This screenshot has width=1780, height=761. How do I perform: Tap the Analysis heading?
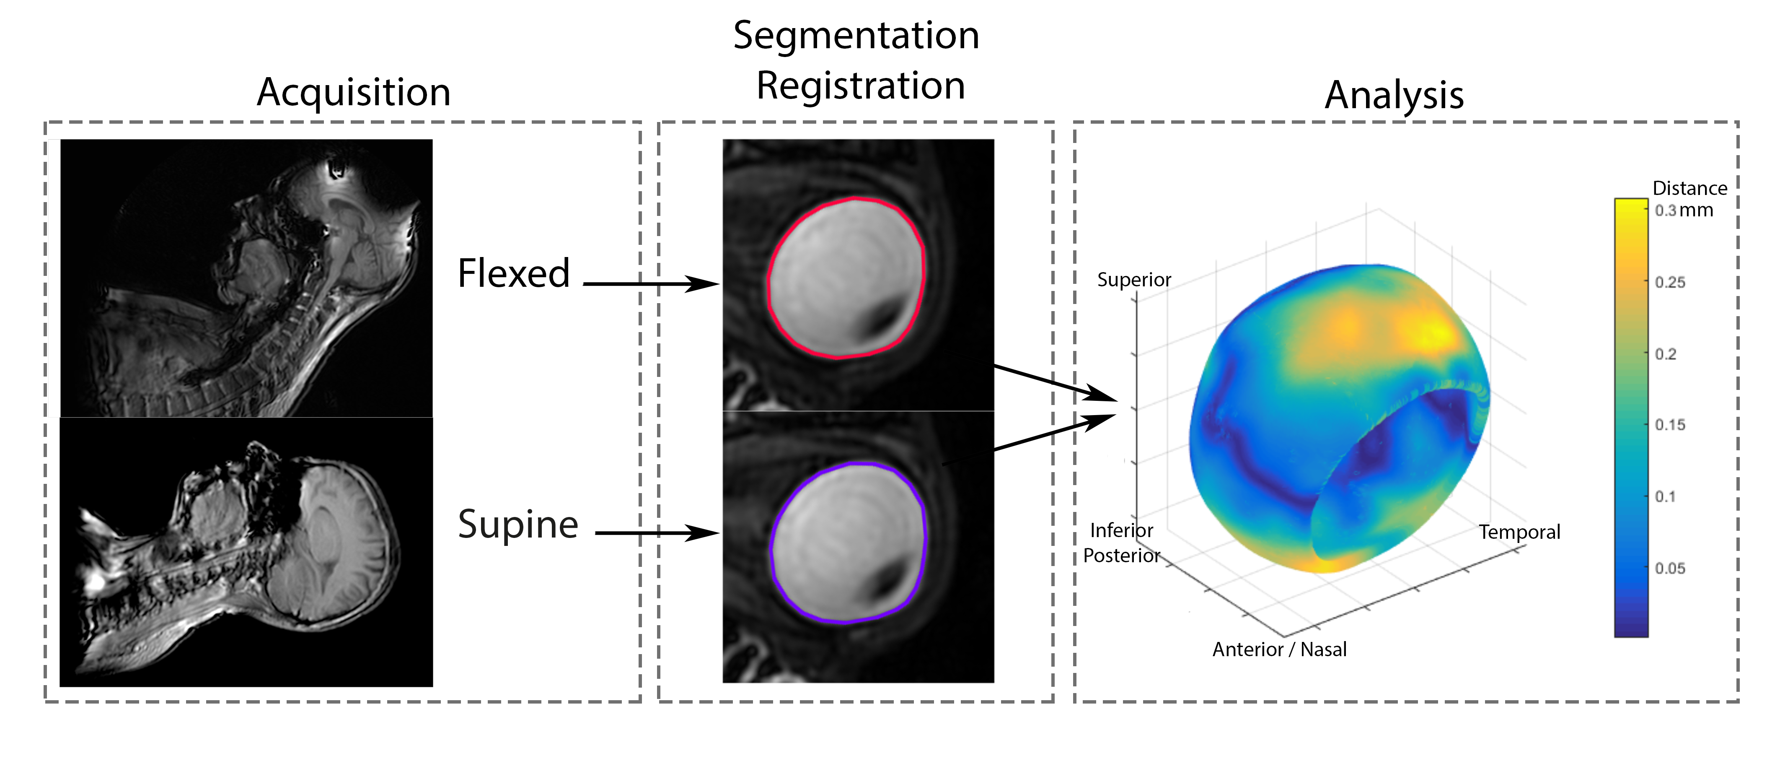point(1394,95)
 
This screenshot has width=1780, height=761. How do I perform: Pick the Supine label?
point(517,524)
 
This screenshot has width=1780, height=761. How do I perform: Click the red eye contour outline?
point(769,276)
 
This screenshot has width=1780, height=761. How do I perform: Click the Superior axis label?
point(1134,280)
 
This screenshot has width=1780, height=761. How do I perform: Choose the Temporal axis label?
point(1519,532)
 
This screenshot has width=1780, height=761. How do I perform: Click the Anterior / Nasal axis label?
point(1279,650)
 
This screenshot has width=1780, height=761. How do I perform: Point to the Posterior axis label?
point(1121,556)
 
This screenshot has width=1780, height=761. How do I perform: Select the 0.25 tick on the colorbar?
point(1669,282)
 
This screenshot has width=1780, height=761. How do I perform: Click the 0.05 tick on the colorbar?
point(1669,568)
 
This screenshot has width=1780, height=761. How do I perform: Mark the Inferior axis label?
point(1121,531)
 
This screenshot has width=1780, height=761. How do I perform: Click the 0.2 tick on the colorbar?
point(1665,354)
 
